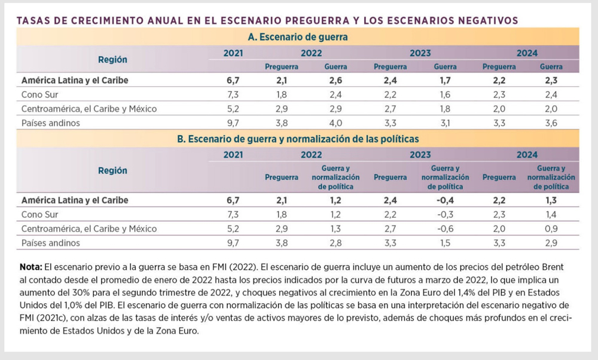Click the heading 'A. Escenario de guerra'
[298, 37]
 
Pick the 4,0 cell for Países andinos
[335, 124]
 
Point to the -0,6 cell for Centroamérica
[445, 228]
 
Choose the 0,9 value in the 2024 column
[551, 228]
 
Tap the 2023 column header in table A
[420, 53]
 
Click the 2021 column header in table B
[233, 155]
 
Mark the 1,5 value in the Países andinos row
[445, 243]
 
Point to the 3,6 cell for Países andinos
[551, 124]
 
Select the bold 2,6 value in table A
[335, 79]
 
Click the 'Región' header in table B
[113, 170]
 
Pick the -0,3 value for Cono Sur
[445, 214]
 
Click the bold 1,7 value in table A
[445, 79]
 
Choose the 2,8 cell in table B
[335, 243]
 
